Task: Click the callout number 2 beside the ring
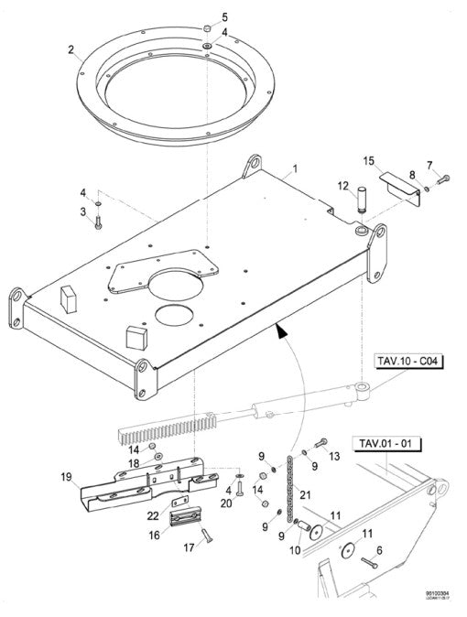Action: coord(71,51)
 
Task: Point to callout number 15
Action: coord(369,161)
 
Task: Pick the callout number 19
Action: coord(66,478)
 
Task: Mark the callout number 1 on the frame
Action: coord(296,170)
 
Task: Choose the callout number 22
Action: coord(153,515)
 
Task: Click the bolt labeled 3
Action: coord(98,222)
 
